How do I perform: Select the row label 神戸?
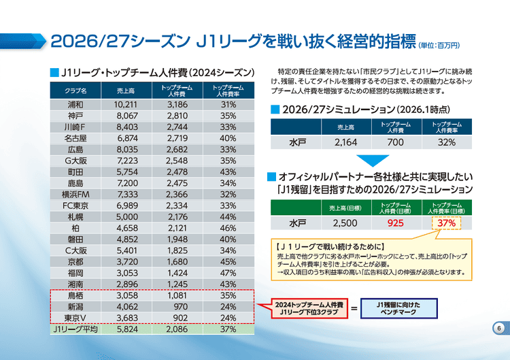tap(75, 116)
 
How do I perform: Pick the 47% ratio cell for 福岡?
tap(228, 273)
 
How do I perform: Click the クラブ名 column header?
tap(75, 91)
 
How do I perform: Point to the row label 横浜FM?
tap(75, 195)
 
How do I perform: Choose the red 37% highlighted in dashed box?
tap(445, 223)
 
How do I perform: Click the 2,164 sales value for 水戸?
tap(346, 143)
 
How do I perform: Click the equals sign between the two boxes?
tap(354, 309)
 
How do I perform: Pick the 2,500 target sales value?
tap(345, 223)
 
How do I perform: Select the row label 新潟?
tap(75, 307)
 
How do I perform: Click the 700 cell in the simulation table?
tap(396, 143)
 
